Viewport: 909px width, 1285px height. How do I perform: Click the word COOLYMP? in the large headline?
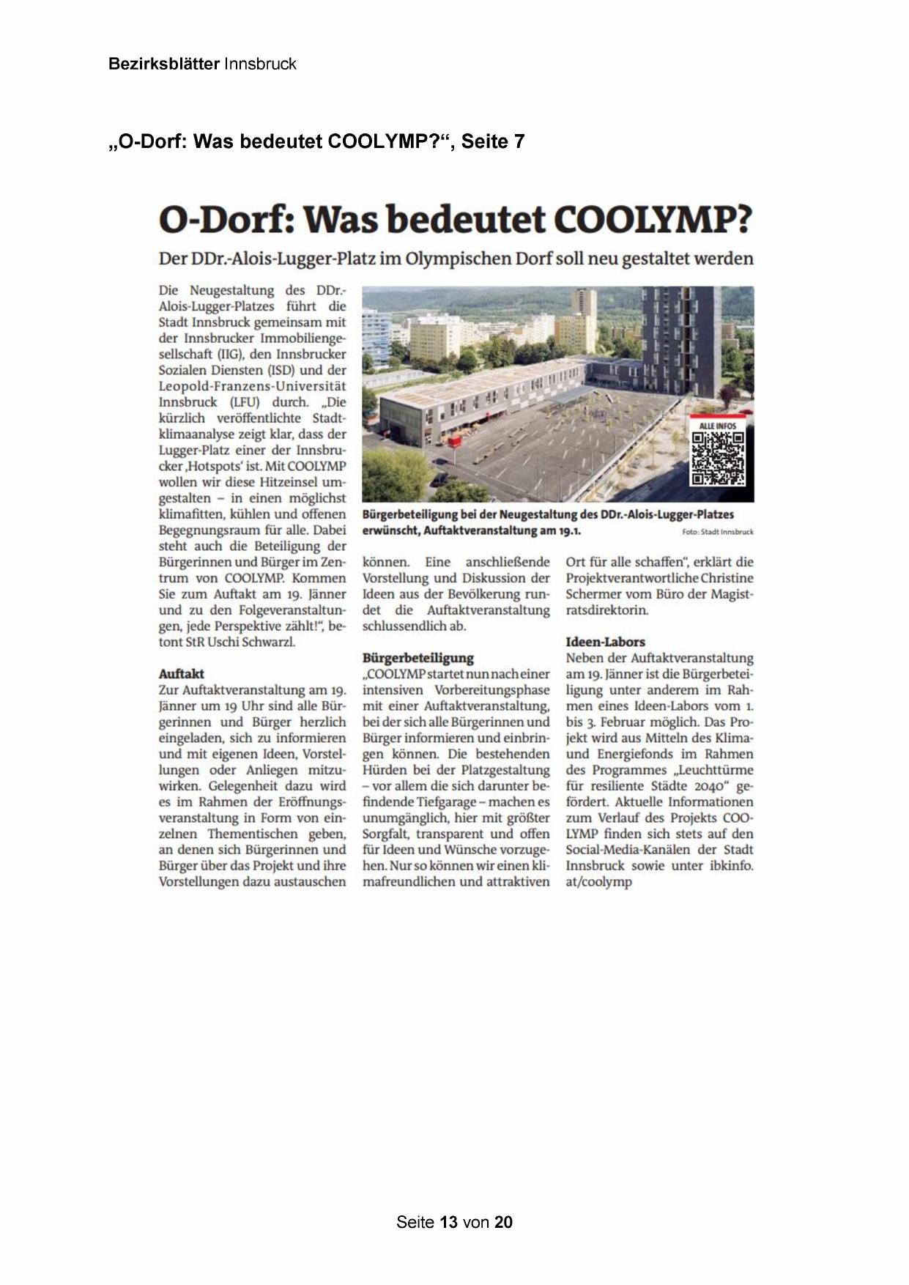pyautogui.click(x=653, y=219)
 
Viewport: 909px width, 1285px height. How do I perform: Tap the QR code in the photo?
pyautogui.click(x=717, y=459)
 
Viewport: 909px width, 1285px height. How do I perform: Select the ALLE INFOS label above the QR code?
pyautogui.click(x=717, y=426)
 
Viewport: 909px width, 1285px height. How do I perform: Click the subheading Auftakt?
pyautogui.click(x=181, y=673)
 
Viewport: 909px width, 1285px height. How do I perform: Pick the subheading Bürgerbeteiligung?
pyautogui.click(x=418, y=657)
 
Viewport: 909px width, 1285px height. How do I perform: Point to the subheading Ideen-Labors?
pyautogui.click(x=605, y=642)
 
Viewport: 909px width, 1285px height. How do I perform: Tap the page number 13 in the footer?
pyautogui.click(x=449, y=1222)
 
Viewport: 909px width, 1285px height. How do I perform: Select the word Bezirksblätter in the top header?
pyautogui.click(x=163, y=64)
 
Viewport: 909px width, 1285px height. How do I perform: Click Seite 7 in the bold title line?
pyautogui.click(x=493, y=141)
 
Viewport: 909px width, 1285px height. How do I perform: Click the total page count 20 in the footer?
pyautogui.click(x=503, y=1222)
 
